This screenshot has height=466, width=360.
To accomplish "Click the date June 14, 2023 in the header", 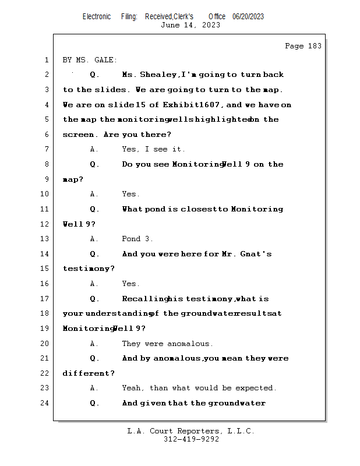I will pos(190,25).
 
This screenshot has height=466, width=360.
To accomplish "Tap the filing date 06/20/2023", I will pos(248,16).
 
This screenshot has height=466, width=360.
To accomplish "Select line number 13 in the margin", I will pos(45,239).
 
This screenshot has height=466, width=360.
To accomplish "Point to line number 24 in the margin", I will pos(45,403).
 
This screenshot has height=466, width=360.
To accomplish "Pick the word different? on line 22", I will pos(89,373).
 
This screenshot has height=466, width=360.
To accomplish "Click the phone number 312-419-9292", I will pos(190,439).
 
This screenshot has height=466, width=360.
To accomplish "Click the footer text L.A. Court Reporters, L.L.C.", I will pos(190,431).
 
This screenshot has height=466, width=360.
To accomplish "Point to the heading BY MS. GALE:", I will pos(90,59).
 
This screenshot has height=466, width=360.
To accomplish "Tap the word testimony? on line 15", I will pos(89,269).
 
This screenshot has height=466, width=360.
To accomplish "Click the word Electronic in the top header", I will pos(97,16).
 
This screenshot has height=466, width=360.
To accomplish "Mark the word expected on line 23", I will pos(255,388).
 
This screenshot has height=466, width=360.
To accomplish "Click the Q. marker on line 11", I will pos(94,209).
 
